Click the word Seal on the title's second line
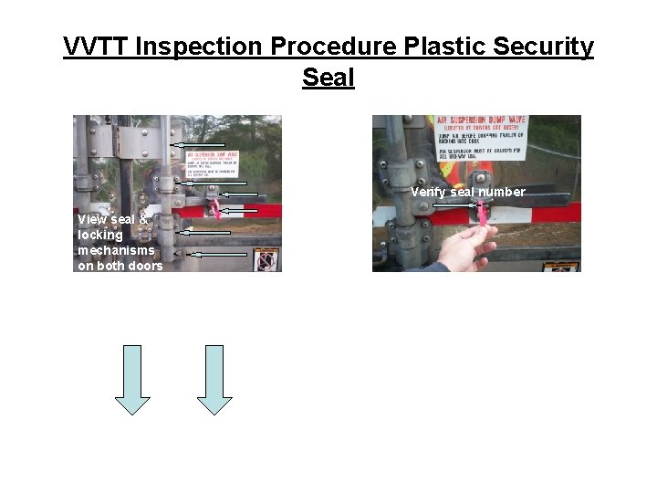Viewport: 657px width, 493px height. coord(328,78)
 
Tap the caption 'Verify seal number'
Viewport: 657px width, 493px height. coord(467,192)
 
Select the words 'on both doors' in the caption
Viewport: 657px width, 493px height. coord(120,266)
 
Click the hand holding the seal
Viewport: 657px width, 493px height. coord(465,246)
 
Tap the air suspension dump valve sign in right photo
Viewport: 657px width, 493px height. coord(480,137)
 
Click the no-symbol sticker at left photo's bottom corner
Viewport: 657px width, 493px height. coord(266,261)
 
